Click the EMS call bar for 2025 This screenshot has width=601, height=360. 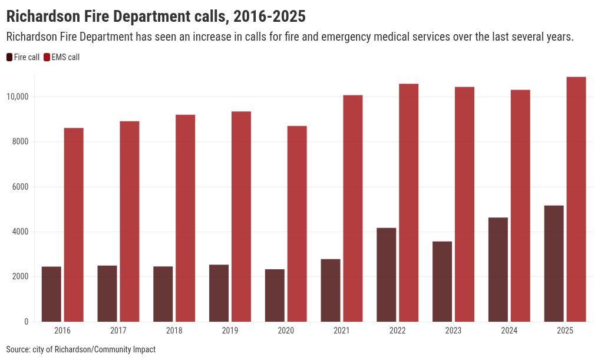(x=576, y=199)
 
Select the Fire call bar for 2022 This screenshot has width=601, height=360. (x=387, y=275)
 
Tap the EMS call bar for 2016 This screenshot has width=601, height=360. (x=74, y=224)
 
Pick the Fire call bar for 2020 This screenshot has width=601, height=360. (x=275, y=295)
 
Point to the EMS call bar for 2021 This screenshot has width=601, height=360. (x=353, y=208)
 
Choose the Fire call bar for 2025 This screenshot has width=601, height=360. (x=554, y=263)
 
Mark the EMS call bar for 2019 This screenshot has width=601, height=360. (x=241, y=216)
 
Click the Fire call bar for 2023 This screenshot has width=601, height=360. (x=442, y=282)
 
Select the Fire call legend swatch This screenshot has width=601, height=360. (x=9, y=57)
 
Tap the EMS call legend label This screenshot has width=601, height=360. (x=65, y=57)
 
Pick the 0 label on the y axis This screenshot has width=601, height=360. (x=26, y=322)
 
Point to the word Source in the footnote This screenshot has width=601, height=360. (x=18, y=349)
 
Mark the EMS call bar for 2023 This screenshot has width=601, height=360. (x=464, y=204)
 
